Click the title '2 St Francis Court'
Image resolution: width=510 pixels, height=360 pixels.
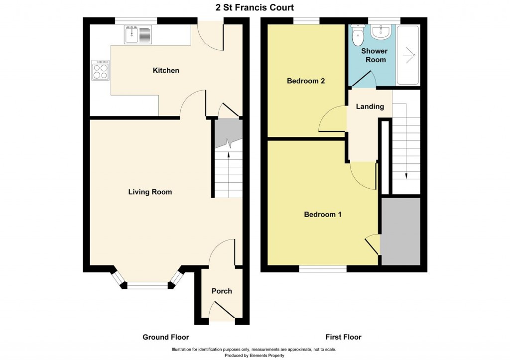255,7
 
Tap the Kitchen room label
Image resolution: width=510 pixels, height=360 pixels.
165,71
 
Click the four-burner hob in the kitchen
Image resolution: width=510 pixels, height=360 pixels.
100,70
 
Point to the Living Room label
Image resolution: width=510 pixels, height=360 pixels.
150,192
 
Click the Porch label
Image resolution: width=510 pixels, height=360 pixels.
222,291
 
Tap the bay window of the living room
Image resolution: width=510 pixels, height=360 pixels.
148,285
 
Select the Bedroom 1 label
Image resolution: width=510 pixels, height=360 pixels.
323,215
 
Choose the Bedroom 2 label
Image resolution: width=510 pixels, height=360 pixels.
306,81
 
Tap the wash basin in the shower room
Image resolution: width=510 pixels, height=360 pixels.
382,32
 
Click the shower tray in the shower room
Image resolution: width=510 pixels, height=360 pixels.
408,55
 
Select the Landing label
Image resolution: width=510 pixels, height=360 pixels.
370,107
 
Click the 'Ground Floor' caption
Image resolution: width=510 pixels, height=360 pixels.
166,337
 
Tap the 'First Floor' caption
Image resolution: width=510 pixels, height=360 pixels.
343,337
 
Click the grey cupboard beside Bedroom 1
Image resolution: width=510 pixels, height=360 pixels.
401,232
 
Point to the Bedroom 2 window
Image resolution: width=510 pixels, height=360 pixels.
306,21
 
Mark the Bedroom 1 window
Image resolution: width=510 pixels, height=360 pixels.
323,269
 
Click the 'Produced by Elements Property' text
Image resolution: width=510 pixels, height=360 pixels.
255,356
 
